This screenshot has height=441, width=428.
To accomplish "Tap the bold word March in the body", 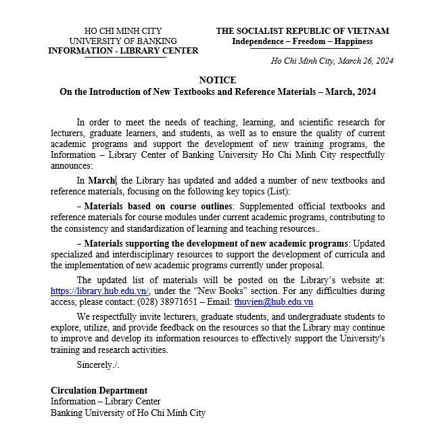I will (101, 180).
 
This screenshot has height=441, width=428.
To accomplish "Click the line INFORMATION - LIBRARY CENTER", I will (123, 51).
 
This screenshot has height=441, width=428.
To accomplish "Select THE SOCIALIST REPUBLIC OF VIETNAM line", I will (302, 31).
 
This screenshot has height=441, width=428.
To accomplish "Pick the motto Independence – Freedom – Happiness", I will (302, 41).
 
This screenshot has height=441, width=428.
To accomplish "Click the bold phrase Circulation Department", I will (99, 390).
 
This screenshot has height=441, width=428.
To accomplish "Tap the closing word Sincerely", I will (97, 364).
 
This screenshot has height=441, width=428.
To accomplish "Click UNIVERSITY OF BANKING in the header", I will (123, 41).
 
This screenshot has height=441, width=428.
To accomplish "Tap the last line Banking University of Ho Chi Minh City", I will (128, 412).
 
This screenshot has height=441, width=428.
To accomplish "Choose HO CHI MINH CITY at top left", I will (123, 31).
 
